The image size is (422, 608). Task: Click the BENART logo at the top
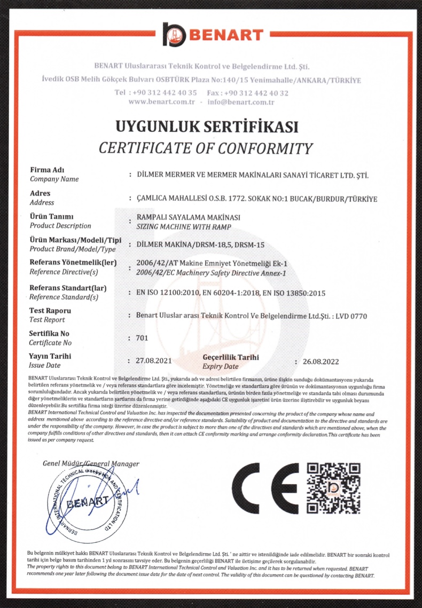pos(213,35)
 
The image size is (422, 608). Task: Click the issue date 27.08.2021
pos(154,361)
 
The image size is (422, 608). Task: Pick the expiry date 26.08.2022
pos(321,361)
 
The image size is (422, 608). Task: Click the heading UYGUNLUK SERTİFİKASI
pos(207,127)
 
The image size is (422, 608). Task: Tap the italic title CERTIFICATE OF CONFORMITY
pos(206,148)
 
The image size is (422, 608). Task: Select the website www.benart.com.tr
pos(161,102)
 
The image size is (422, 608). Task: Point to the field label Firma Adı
pos(47,170)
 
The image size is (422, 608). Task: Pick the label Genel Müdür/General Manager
pos(91,463)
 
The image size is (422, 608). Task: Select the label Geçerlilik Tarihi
pos(231,357)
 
